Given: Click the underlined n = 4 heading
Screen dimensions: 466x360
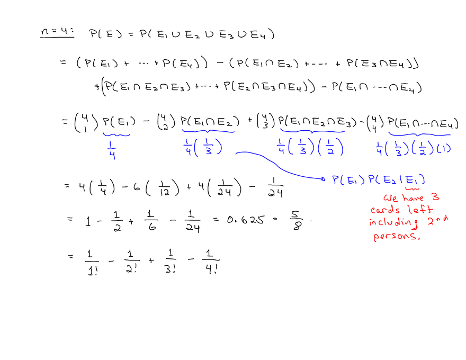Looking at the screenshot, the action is coord(57,32).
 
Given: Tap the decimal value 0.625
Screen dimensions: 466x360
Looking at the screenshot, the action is coord(245,220).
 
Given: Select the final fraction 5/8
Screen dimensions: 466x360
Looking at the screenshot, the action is coord(297,220).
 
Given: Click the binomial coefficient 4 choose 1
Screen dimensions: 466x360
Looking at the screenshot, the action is coord(86,122).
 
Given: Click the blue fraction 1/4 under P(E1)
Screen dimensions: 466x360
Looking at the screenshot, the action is coord(112,150).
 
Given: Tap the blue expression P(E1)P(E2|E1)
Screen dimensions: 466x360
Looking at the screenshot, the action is coord(379,180).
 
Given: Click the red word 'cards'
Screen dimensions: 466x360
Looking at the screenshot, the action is coord(385,210).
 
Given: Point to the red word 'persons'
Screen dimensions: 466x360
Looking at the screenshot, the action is coord(397,236).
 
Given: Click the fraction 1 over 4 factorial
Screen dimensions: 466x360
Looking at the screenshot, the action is coord(211,262).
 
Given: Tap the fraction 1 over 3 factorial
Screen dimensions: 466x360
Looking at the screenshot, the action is coord(171,261).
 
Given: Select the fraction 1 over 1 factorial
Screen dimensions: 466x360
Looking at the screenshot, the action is coord(92,263).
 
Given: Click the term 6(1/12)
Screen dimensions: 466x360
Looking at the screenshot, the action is coord(156,187).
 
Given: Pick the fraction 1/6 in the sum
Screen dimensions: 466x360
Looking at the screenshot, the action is coord(151,220).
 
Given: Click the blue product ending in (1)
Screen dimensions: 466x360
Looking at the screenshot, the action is coord(414,149).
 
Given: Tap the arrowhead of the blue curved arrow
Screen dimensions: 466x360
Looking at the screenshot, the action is coord(324,179).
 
